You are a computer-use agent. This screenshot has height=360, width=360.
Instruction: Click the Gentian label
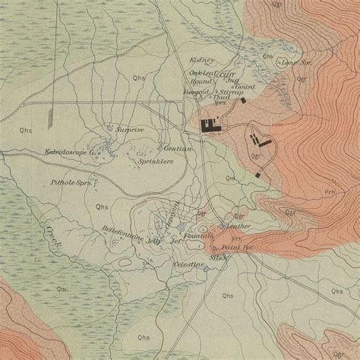(x=176, y=149)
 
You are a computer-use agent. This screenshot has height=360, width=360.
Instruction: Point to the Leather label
(x=238, y=226)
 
